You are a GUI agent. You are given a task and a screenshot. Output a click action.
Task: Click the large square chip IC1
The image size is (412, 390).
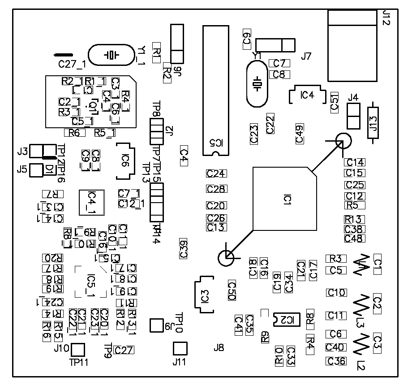click(x=285, y=199)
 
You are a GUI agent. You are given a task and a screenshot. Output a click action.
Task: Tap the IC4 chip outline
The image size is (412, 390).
click(x=307, y=95)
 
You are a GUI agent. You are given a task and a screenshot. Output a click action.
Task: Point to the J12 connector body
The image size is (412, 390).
click(x=352, y=46)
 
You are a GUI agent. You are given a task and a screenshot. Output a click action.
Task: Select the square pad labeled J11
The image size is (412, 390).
click(x=180, y=348)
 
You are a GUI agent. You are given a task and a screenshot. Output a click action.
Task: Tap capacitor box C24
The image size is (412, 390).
click(x=216, y=173)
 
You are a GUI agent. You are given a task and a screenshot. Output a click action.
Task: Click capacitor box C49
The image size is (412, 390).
click(x=300, y=134)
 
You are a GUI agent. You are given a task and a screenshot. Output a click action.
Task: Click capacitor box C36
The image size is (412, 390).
click(x=336, y=361)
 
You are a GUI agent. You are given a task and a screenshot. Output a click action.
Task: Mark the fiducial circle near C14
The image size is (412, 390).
click(x=344, y=142)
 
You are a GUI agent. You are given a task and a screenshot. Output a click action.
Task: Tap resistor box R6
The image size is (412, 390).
click(x=74, y=133)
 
